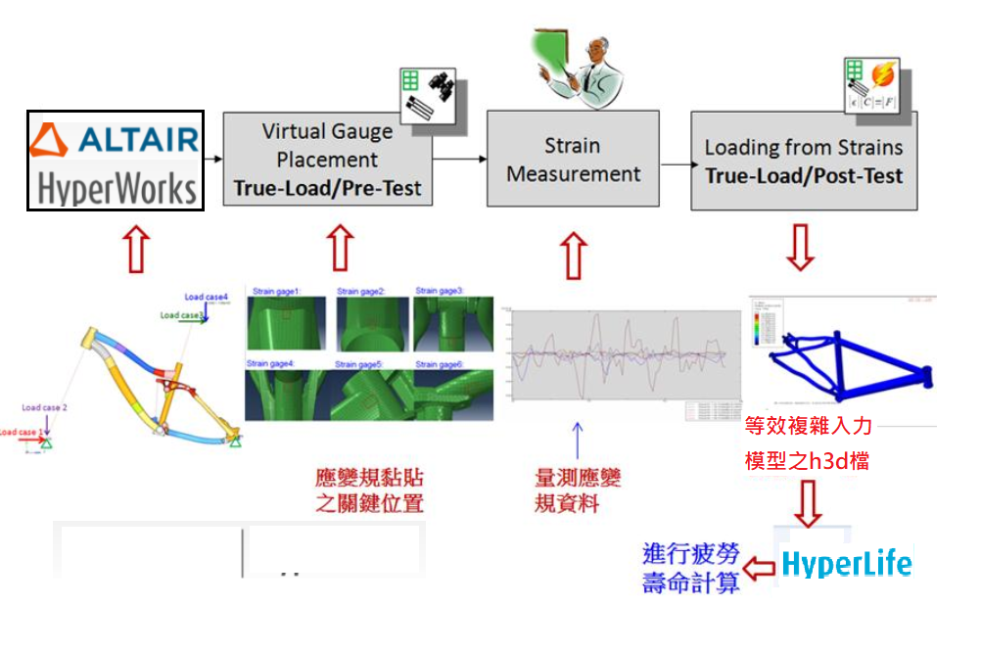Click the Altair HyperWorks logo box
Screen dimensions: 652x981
[x=115, y=160]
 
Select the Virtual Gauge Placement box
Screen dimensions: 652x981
[x=327, y=159]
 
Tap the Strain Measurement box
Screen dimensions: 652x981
[x=572, y=160]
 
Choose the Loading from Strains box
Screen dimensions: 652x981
[x=803, y=161]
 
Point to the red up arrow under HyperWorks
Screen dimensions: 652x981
[x=134, y=250]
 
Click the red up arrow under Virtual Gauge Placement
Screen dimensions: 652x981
[x=340, y=249]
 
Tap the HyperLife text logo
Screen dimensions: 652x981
[x=846, y=565]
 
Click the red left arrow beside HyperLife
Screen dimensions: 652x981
[x=759, y=566]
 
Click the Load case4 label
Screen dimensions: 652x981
[x=207, y=297]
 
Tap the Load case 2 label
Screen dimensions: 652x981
[x=45, y=407]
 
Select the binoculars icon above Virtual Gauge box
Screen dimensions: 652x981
[x=437, y=87]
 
